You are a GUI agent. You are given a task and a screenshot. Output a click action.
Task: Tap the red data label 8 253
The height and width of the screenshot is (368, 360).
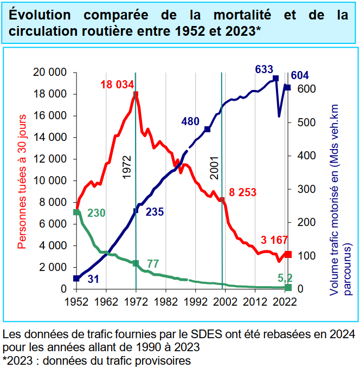click(242, 192)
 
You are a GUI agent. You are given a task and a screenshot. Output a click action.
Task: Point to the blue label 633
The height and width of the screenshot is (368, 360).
click(263, 69)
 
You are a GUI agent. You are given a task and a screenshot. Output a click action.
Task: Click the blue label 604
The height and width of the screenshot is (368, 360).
click(300, 75)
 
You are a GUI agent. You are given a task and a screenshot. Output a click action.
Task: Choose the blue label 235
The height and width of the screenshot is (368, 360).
click(155, 212)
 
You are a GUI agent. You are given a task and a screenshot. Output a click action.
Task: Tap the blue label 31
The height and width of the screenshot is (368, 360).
click(93, 279)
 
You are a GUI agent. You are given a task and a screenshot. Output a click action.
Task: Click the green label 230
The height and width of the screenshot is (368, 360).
click(96, 213)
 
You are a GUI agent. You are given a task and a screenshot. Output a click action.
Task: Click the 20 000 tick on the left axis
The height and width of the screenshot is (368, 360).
click(49, 73)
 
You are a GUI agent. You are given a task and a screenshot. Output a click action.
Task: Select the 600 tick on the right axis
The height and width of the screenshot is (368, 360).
click(307, 89)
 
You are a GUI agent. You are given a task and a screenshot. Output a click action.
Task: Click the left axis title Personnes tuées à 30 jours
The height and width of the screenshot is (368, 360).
click(22, 180)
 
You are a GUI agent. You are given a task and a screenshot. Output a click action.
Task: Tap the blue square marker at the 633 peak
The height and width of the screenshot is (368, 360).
click(276, 79)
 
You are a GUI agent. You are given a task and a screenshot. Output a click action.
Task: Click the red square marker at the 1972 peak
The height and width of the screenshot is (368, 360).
click(136, 94)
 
